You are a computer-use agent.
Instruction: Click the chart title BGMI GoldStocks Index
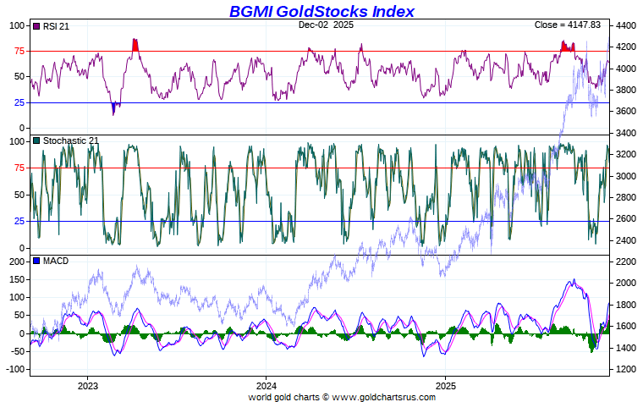321,11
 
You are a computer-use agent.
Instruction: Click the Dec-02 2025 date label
326,25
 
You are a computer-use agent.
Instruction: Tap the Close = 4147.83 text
569,25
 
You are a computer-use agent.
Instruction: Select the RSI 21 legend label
56,26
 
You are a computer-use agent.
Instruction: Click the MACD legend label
56,261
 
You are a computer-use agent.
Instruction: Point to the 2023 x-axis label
87,385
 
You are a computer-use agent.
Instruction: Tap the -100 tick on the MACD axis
15,370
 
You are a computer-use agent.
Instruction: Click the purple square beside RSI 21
36,26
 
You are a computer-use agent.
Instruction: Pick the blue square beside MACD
36,261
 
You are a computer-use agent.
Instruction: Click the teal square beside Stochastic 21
36,140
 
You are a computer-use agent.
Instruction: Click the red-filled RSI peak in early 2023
135,46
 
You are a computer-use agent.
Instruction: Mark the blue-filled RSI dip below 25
114,107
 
